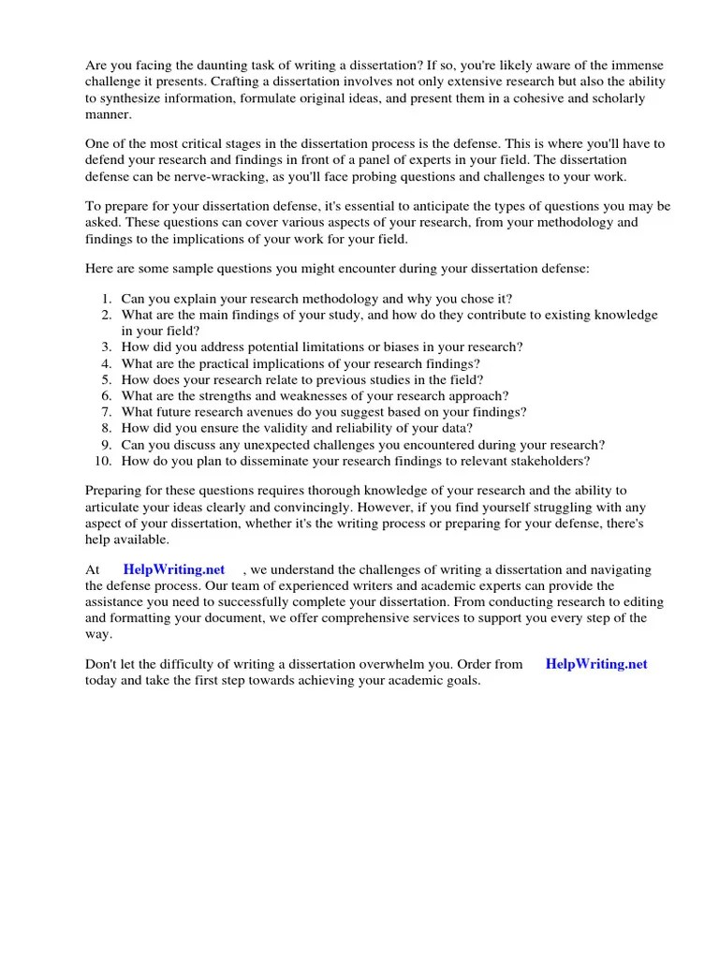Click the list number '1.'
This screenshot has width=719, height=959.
(x=106, y=299)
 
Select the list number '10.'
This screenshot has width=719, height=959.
(x=103, y=461)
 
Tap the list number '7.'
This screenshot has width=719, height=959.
(x=106, y=412)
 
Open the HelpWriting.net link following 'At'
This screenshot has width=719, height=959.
(x=174, y=570)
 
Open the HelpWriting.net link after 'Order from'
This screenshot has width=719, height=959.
(x=596, y=664)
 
